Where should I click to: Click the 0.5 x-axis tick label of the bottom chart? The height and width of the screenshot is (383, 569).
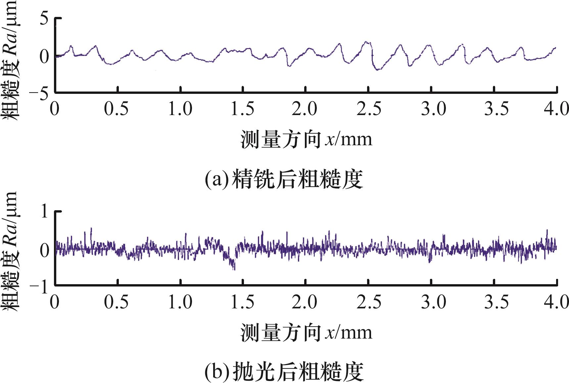[x=117, y=302]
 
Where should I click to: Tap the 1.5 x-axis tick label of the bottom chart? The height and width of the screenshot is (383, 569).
[x=243, y=302]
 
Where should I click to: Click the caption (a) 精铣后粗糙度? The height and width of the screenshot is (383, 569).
[x=284, y=179]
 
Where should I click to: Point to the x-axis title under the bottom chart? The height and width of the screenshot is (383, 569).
[x=307, y=333]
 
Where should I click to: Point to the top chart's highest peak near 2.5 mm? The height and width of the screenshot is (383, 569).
[x=366, y=42]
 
